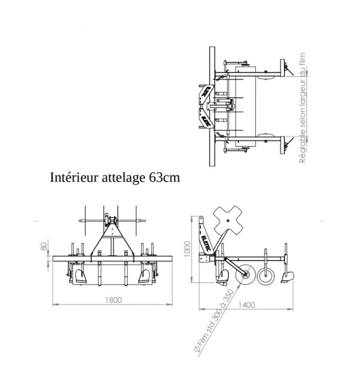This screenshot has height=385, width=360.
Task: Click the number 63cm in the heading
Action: point(164,177)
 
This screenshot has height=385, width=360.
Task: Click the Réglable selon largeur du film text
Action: point(303,108)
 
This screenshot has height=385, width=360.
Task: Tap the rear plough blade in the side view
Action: point(287,277)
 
